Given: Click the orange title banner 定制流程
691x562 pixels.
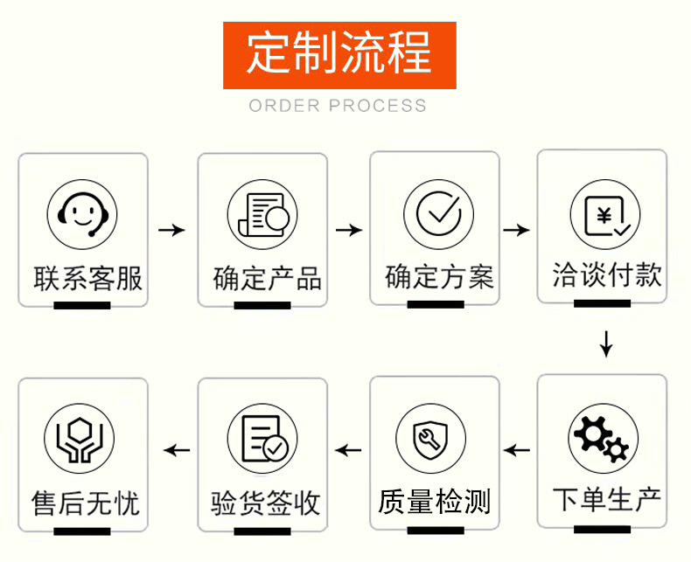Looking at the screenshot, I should tap(339, 55).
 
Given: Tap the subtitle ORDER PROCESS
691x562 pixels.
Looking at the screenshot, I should tap(338, 106).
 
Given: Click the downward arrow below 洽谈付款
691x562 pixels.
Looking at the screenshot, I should tap(606, 343).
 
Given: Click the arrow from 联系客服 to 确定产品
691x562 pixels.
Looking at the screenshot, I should tap(171, 230).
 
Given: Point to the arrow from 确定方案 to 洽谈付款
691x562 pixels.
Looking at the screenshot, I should tap(517, 230).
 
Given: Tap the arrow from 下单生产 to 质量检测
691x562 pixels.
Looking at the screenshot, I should tap(517, 451).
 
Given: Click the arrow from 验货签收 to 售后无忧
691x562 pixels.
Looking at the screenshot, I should tap(178, 451).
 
